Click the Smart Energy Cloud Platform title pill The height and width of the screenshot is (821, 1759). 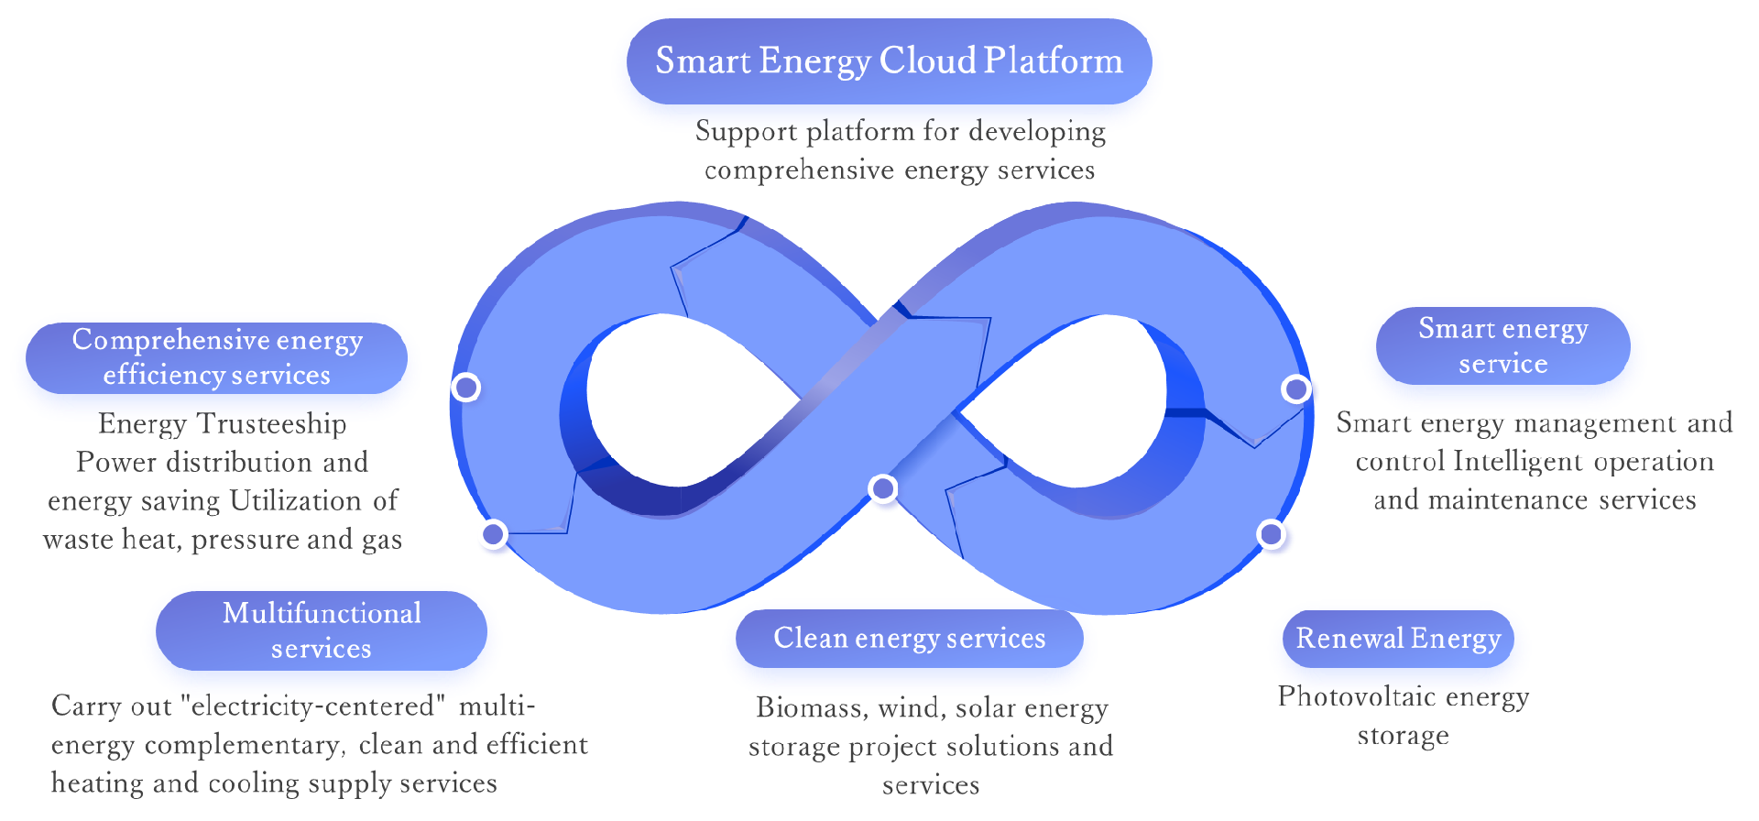(x=889, y=60)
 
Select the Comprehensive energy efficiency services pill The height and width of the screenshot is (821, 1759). (x=216, y=357)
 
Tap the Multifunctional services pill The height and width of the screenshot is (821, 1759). (x=321, y=630)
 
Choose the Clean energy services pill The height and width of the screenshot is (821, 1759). (x=909, y=638)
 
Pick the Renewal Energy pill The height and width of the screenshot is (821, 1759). (x=1398, y=638)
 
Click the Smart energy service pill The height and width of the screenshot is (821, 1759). (x=1502, y=345)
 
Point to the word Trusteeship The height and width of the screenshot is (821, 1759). (x=272, y=423)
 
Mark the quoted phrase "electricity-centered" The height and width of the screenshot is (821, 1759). (x=313, y=706)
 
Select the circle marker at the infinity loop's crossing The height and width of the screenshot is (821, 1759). (x=882, y=488)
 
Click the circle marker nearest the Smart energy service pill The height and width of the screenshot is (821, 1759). (x=1295, y=389)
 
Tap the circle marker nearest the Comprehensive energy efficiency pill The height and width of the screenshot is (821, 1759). (x=465, y=388)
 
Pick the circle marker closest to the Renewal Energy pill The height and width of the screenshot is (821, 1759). (x=1270, y=533)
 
